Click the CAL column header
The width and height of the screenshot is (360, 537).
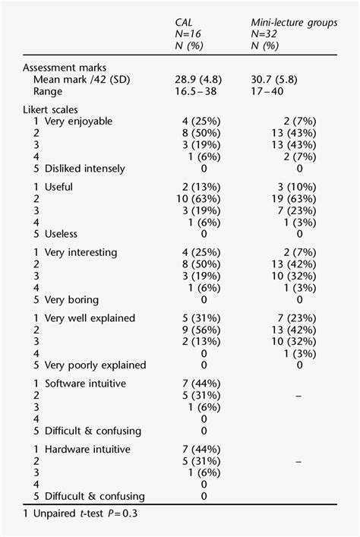(183, 24)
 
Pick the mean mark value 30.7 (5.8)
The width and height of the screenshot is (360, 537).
(278, 79)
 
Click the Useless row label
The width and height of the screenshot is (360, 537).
(62, 234)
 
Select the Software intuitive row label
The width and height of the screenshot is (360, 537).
(87, 384)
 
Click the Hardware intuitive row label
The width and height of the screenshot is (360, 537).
(87, 450)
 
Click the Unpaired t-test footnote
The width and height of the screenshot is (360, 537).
(73, 514)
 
